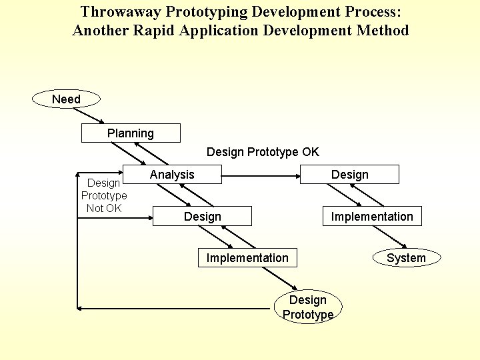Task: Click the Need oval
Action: click(x=66, y=99)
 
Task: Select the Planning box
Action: click(x=131, y=133)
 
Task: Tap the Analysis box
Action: click(x=172, y=175)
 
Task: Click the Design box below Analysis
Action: click(x=203, y=216)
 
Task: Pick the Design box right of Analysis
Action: click(x=349, y=175)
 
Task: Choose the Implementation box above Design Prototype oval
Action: click(x=247, y=258)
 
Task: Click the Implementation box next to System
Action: click(x=372, y=216)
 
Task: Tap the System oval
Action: click(x=406, y=258)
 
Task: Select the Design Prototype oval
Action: click(x=308, y=307)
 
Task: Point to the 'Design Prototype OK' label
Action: click(x=263, y=152)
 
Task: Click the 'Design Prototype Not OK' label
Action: click(x=104, y=195)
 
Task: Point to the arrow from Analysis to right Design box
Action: click(x=260, y=177)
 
